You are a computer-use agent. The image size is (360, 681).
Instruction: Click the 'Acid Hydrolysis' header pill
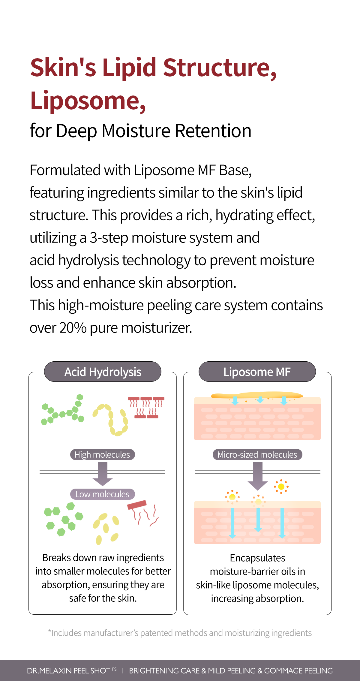[x=103, y=372]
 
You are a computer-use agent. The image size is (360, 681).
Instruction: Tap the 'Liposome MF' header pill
[x=257, y=372]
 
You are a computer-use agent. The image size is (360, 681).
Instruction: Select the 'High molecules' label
[x=102, y=455]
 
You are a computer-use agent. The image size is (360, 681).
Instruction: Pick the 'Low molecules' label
[x=102, y=494]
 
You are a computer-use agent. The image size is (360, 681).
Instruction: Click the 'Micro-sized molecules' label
[x=257, y=455]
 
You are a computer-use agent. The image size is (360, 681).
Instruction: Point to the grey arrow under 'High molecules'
[x=103, y=474]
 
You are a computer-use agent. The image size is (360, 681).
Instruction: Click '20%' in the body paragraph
[x=73, y=328]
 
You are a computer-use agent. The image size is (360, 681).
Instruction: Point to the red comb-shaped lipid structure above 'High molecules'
[x=146, y=407]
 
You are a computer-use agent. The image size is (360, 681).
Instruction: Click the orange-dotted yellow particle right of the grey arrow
[x=281, y=487]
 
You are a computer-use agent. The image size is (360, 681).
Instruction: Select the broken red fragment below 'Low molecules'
[x=142, y=512]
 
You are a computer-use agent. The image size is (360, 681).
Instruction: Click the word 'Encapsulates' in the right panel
[x=257, y=558]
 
